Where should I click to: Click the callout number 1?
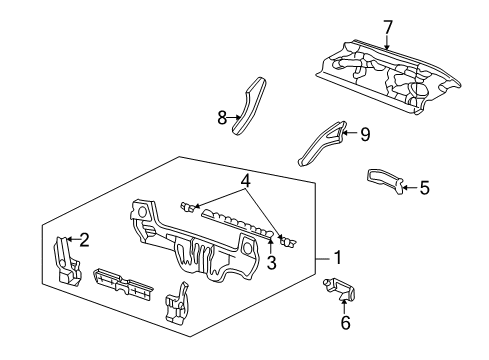pyautogui.click(x=338, y=257)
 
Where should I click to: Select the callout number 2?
pyautogui.click(x=84, y=239)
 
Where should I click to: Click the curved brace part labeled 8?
pyautogui.click(x=248, y=104)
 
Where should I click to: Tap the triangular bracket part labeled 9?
pyautogui.click(x=323, y=142)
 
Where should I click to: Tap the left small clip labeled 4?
pyautogui.click(x=185, y=207)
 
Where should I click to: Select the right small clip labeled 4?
pyautogui.click(x=288, y=240)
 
